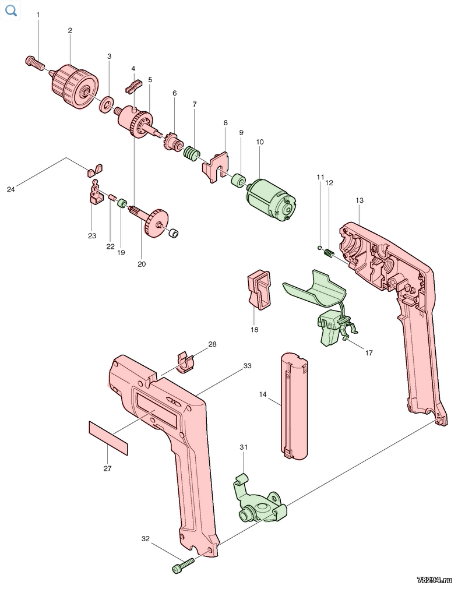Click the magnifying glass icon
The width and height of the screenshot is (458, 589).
pyautogui.click(x=11, y=10)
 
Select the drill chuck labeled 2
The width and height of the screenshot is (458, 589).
pyautogui.click(x=74, y=86)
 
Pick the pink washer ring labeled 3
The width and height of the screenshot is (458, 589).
pyautogui.click(x=107, y=104)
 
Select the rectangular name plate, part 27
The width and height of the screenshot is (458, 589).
pyautogui.click(x=108, y=438)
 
